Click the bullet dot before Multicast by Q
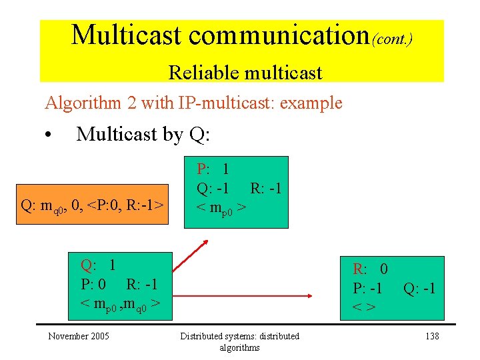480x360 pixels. pyautogui.click(x=49, y=136)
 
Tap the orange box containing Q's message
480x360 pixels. pyautogui.click(x=93, y=204)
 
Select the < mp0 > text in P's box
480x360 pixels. pyautogui.click(x=221, y=208)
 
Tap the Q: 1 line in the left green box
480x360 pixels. pyautogui.click(x=98, y=265)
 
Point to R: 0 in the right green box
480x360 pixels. pyautogui.click(x=370, y=269)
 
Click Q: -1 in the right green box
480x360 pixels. pyautogui.click(x=419, y=288)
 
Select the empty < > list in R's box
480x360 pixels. pyautogui.click(x=363, y=307)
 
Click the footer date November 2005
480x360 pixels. pyautogui.click(x=78, y=336)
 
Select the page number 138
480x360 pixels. pyautogui.click(x=432, y=336)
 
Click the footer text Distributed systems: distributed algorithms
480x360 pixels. pyautogui.click(x=240, y=341)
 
